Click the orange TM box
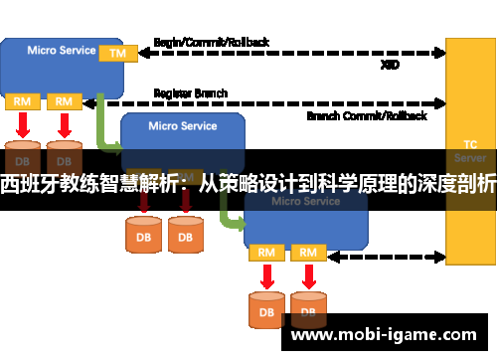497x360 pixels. pos(117,52)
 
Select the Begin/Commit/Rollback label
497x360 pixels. pos(211,43)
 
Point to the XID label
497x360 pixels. pos(391,65)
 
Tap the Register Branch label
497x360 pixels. pos(191,93)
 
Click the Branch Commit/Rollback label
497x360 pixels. pos(367,115)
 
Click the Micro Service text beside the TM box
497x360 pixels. pos(62,50)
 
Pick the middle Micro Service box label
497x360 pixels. pos(183,126)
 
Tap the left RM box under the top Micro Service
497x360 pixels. pos(21,101)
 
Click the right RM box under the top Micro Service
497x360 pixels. pos(63,101)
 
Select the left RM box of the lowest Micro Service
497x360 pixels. pos(266,253)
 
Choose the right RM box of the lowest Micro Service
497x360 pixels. pos(308,253)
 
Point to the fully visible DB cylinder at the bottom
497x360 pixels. pos(266,309)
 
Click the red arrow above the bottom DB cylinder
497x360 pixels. pos(266,276)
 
